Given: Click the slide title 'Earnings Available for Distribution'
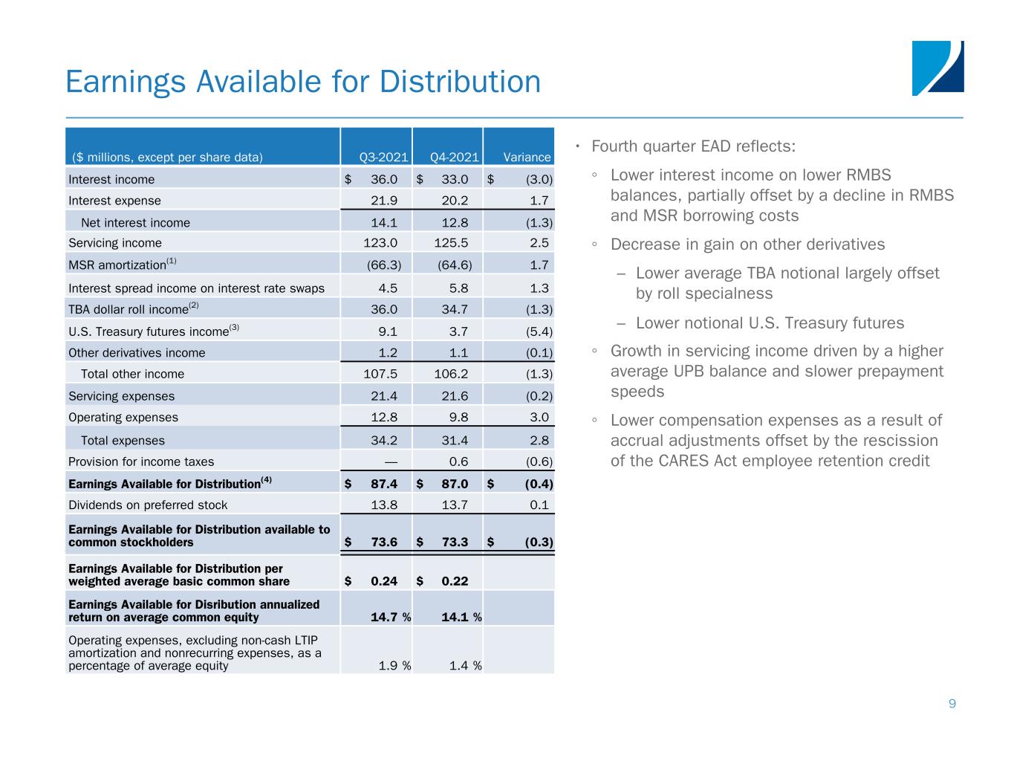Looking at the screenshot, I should (x=303, y=82).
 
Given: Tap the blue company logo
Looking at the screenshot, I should (x=937, y=68).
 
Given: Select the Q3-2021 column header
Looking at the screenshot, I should (x=384, y=158).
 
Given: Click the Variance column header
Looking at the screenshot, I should (x=527, y=158).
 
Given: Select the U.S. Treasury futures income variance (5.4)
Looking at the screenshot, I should (x=539, y=331).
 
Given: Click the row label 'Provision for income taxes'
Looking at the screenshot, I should (x=141, y=462).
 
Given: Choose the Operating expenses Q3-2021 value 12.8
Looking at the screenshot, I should (x=384, y=418).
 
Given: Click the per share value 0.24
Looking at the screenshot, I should (x=384, y=581).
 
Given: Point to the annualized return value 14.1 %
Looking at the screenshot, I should (x=455, y=617).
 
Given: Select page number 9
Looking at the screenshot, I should (x=952, y=704).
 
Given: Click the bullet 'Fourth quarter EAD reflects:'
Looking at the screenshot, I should (x=703, y=146).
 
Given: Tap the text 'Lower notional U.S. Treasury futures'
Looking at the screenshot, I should (x=770, y=323).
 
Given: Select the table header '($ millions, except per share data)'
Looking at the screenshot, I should (x=167, y=158).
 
